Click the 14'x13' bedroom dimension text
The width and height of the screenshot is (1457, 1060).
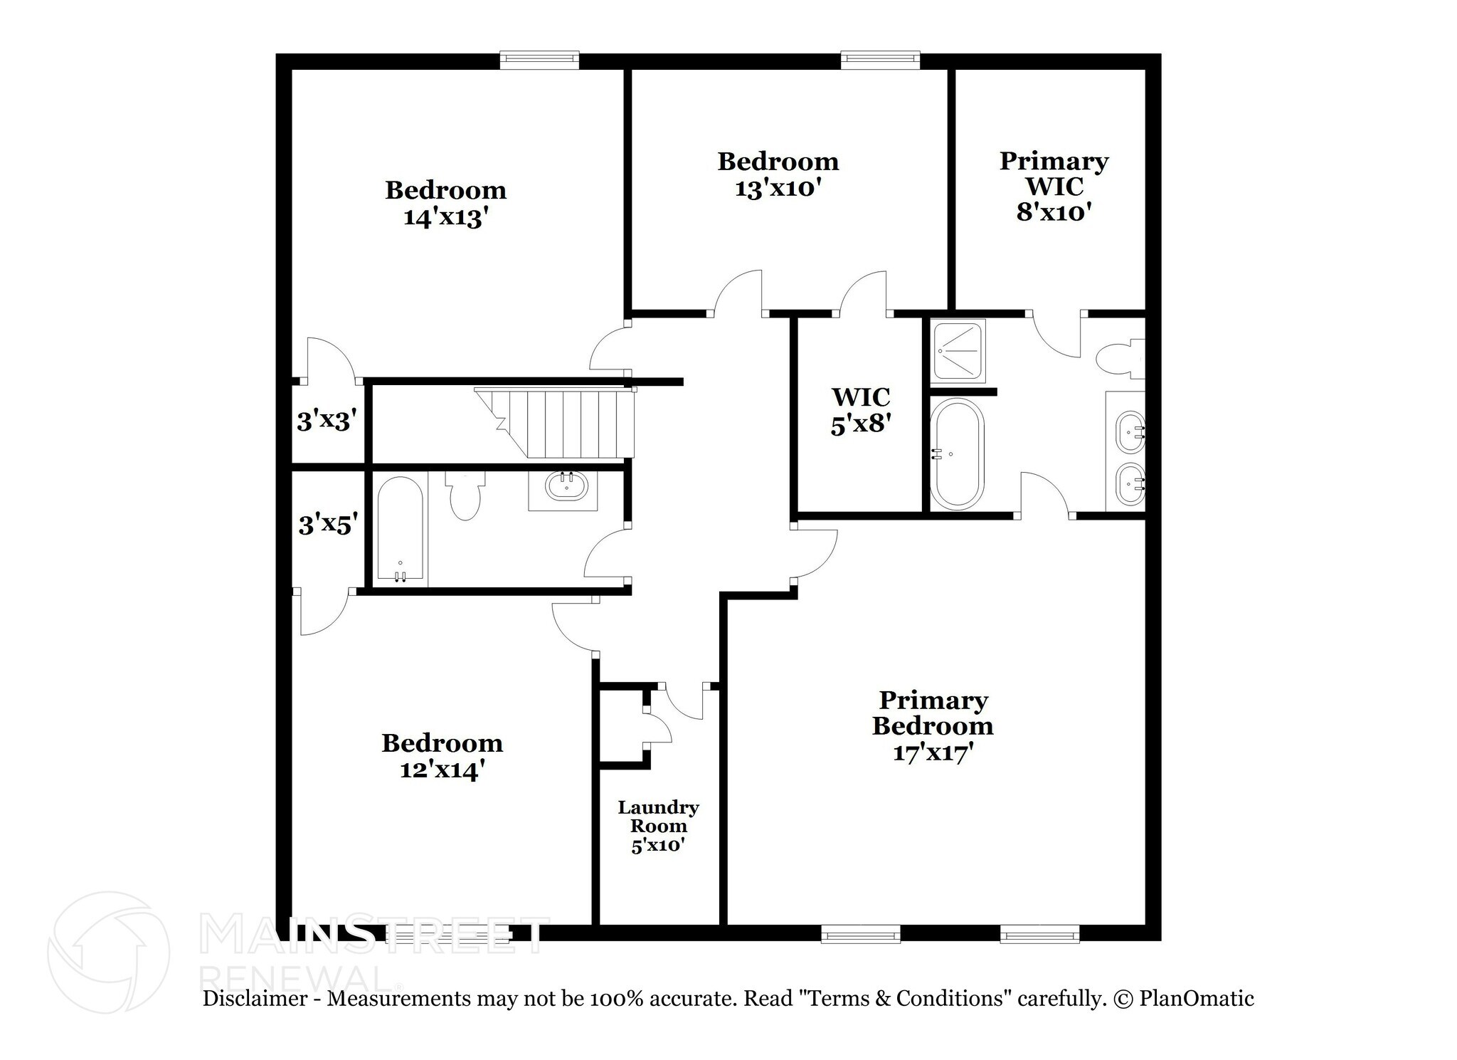[x=445, y=217]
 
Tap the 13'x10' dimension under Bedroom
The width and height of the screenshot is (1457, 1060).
[x=778, y=189]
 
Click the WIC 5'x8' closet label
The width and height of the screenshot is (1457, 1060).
[x=861, y=410]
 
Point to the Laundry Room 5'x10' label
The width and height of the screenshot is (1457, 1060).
[x=658, y=827]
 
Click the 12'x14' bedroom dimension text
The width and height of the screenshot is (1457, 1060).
[x=443, y=770]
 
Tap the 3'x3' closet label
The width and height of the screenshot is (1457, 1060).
[x=326, y=422]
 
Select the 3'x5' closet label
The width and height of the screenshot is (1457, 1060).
[x=327, y=525]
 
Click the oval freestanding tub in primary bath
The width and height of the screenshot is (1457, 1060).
[x=958, y=453]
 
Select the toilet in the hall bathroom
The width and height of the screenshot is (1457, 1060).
[x=465, y=496]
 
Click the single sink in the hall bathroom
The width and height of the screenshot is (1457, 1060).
[x=566, y=487]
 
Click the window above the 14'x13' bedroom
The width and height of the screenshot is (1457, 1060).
[x=539, y=60]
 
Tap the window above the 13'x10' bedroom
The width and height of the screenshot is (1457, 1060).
[x=880, y=60]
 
